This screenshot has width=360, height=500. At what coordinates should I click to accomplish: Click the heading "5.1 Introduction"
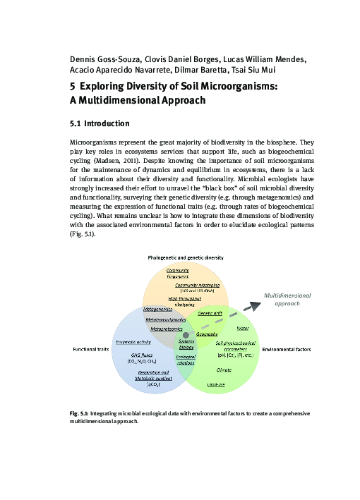point(99,124)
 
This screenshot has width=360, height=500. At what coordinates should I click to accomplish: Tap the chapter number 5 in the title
point(71,86)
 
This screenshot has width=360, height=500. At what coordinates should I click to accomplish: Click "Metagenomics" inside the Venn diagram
point(158,309)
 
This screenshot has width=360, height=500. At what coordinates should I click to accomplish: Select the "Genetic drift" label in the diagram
point(210,312)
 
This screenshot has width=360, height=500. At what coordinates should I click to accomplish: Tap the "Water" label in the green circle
point(243,329)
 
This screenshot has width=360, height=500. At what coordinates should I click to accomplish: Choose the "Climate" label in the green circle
point(224,369)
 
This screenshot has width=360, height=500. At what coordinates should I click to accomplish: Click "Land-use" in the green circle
point(216,384)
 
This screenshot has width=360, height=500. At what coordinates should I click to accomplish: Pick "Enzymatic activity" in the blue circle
point(133,341)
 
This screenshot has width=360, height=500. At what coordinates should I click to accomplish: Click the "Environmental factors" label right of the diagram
point(287,349)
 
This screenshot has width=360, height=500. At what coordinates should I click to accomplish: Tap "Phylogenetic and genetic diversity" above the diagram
point(185,258)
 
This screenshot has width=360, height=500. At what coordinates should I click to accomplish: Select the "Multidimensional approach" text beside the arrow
point(287,298)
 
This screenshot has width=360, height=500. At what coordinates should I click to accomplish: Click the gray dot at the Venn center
point(186,334)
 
